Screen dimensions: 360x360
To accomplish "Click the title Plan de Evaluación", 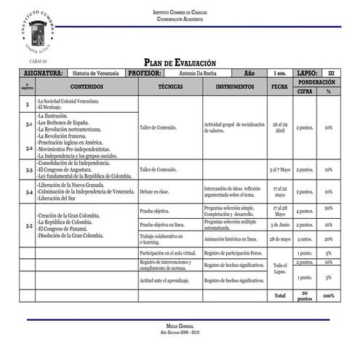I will coord(180,63).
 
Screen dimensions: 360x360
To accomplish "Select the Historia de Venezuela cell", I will coord(96,73).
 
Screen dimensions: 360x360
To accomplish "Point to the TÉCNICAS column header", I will coord(170,87).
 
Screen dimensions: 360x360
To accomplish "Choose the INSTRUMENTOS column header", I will coord(235,87).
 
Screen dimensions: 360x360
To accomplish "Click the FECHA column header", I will coord(279,87).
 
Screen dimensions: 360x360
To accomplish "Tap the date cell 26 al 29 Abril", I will coord(279,127).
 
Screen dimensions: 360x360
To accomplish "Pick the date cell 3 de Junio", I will coord(279,225).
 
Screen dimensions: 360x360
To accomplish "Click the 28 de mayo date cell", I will coord(279,239).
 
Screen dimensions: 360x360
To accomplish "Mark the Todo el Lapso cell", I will coord(279,268).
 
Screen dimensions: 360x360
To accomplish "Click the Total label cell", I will coord(279,296).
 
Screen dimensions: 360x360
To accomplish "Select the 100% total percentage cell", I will coord(329,296).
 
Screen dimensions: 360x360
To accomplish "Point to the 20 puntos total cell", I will coord(305,296).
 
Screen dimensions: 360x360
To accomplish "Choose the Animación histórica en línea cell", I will coord(231,239).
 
